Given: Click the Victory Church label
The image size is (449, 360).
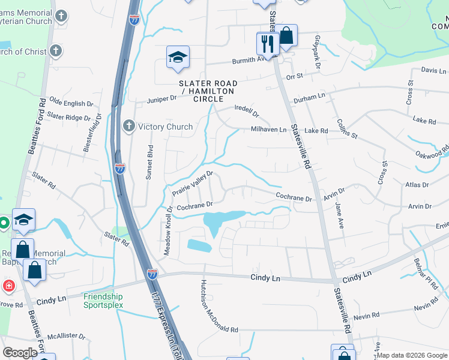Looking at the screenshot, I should [x=165, y=127].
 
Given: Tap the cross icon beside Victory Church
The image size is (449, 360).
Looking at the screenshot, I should [x=128, y=126].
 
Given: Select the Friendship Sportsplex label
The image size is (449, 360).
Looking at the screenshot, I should [x=103, y=301].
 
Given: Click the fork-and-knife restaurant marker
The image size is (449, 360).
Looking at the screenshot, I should [x=267, y=43].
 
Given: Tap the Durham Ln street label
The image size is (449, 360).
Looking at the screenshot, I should [x=309, y=95].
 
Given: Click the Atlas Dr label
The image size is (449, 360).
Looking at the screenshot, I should [x=418, y=185].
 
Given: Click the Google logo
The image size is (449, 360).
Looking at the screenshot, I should [x=20, y=352].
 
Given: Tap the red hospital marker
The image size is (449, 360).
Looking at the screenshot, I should [x=8, y=284].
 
